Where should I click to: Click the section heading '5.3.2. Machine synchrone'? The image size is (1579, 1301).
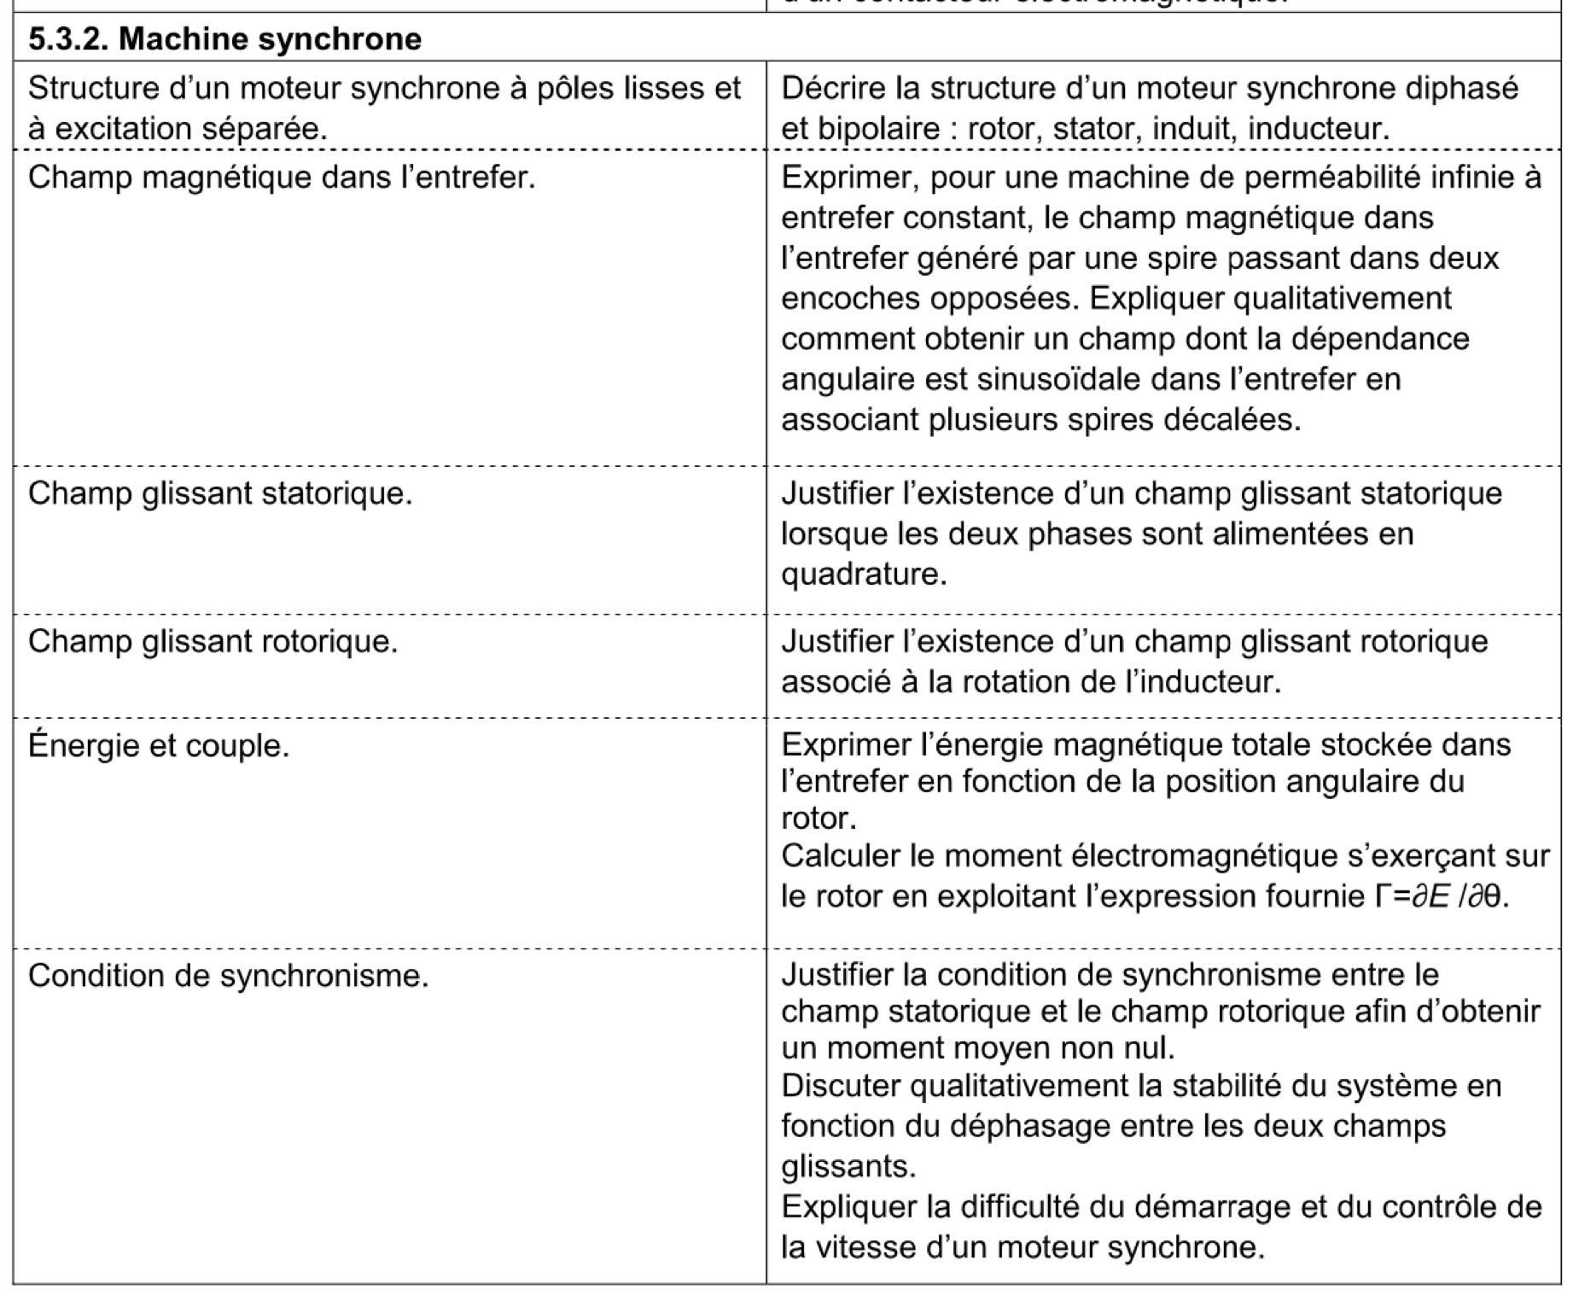(224, 38)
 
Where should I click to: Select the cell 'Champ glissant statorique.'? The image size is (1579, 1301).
(220, 493)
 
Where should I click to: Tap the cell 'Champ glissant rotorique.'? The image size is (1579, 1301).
(213, 641)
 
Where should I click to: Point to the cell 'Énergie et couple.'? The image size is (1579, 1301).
(159, 746)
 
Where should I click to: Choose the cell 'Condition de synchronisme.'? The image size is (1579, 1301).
(228, 975)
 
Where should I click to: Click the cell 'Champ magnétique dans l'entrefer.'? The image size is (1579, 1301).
(282, 178)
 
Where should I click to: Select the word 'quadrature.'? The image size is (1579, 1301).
(864, 574)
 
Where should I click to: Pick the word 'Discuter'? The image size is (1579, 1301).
(842, 1085)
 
